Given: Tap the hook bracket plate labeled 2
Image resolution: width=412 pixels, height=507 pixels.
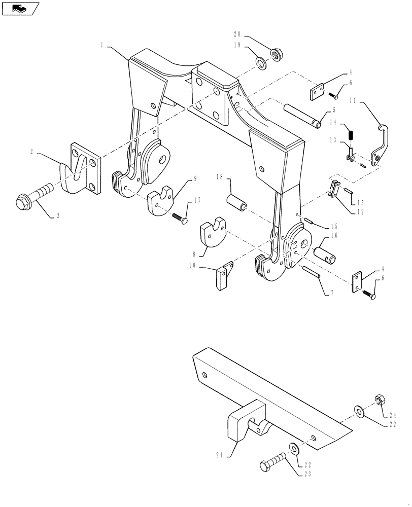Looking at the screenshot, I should point(81,168).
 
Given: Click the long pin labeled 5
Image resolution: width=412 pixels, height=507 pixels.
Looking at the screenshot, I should point(303,115).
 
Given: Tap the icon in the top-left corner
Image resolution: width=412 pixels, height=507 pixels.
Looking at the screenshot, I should point(20,8).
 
